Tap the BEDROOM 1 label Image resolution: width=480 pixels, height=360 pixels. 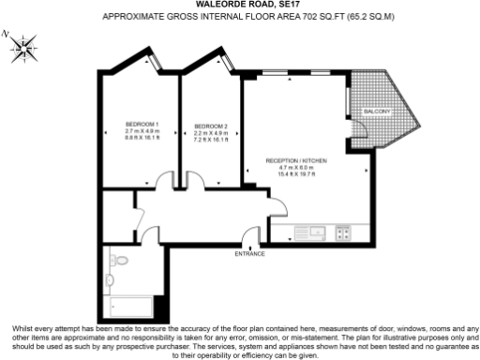[142, 126]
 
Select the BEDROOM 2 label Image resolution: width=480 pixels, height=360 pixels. [211, 126]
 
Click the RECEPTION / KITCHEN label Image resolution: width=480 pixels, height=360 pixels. [295, 161]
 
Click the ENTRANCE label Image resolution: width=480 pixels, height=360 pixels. [249, 254]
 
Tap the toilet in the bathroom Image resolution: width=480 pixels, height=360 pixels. [111, 278]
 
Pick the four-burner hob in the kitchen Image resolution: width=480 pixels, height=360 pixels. [343, 232]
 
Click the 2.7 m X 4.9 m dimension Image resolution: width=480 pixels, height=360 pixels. [142, 132]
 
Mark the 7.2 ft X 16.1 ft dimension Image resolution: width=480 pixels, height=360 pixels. [211, 139]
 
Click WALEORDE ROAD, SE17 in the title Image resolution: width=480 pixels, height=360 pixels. [240, 5]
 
